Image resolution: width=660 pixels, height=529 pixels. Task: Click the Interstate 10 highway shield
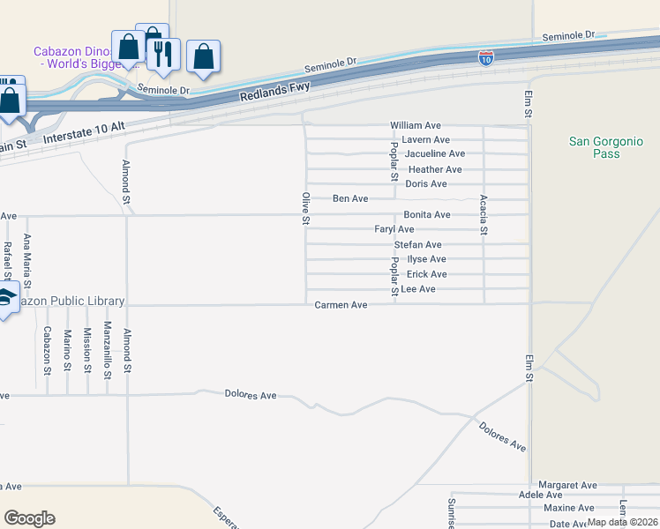point(486,58)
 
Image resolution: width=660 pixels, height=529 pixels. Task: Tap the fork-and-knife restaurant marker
point(163,54)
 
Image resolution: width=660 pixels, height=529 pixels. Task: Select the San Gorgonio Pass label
point(606,147)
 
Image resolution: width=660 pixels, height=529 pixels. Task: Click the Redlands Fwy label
point(275,88)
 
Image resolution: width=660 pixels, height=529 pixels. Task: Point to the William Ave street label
point(416,126)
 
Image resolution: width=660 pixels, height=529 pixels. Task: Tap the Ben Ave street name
point(350,199)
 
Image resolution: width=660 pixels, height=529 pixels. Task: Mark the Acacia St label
point(484,215)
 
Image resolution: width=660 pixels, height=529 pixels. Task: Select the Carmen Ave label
point(341,305)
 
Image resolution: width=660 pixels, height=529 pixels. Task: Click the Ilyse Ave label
point(426,259)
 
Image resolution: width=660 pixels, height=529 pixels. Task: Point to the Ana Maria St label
point(27,262)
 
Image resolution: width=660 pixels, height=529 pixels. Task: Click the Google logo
point(29,518)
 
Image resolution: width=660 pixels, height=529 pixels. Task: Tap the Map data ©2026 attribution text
point(622,522)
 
